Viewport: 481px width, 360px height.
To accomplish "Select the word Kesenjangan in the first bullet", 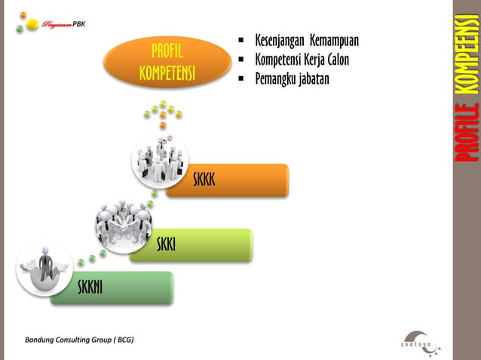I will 276,40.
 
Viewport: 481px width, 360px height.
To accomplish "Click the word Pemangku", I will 274,78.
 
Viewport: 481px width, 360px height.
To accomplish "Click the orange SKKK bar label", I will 204,180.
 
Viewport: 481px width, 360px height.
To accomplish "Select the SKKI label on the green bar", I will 167,245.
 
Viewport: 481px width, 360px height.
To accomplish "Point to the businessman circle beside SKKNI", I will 44,267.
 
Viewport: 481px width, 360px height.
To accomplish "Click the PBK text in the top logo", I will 79,23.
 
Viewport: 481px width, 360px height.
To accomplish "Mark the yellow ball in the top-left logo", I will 32,24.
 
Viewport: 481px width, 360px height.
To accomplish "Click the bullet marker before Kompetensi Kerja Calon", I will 240,59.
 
